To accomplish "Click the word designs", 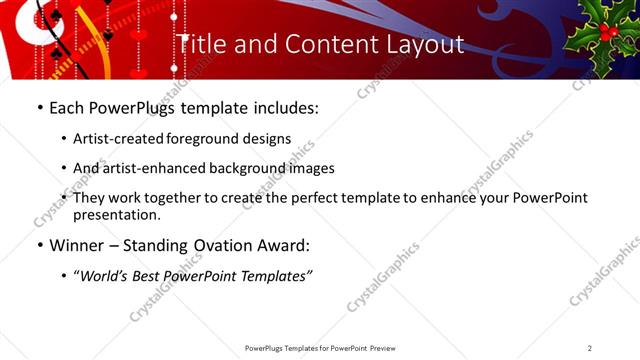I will point(267,139).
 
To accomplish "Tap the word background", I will point(240,168).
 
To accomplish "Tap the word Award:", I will point(286,244).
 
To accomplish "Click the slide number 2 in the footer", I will point(590,348).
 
